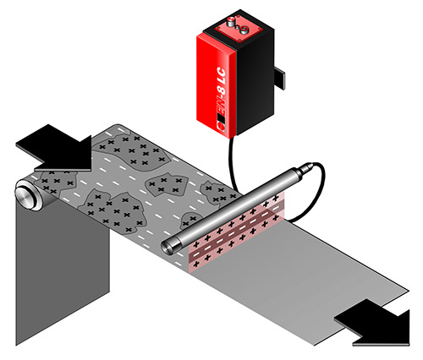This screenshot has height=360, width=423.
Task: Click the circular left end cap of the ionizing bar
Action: (x=168, y=247)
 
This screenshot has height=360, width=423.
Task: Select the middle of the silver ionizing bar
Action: (x=237, y=208)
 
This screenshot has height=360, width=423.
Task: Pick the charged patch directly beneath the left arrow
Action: (x=59, y=180)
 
